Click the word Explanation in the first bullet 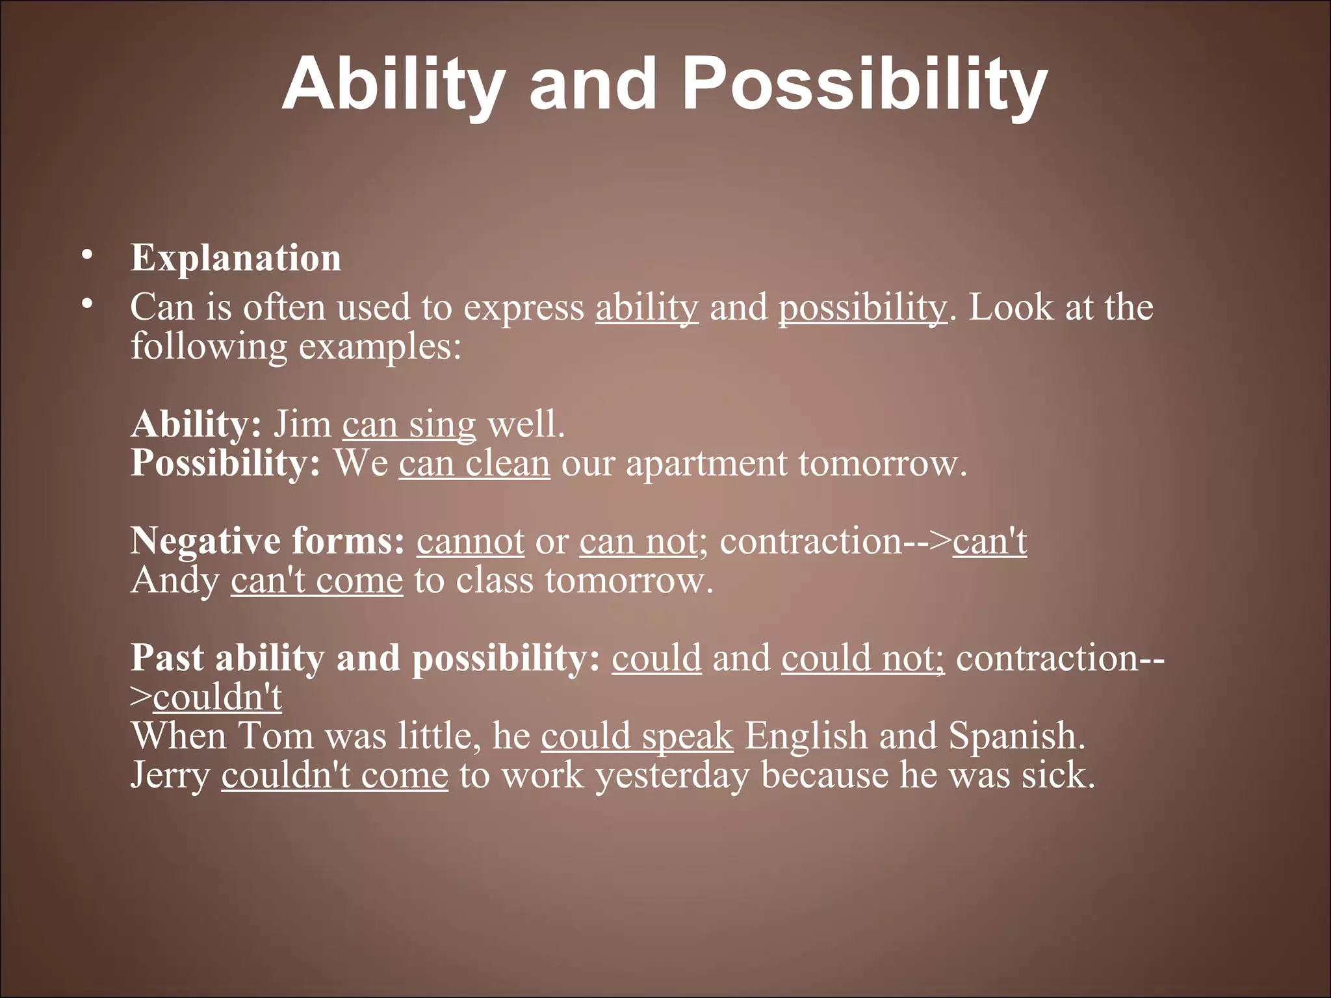(235, 258)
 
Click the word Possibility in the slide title (864, 85)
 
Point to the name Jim (302, 424)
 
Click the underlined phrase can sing (409, 424)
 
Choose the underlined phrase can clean (474, 463)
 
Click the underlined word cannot (470, 541)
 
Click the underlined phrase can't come (317, 580)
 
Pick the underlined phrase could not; (862, 658)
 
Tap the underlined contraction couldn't (217, 697)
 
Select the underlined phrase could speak (637, 737)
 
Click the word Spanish (1016, 737)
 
